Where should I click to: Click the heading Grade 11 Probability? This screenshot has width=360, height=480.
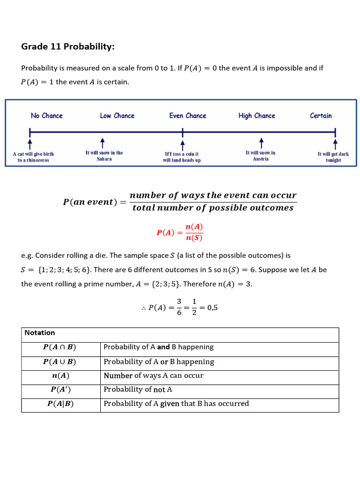(x=68, y=46)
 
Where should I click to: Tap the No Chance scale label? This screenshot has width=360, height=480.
(x=46, y=116)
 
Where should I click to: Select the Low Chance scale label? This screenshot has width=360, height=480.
(x=117, y=116)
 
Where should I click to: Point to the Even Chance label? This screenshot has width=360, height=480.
(x=187, y=116)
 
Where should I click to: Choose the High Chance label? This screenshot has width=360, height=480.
(x=256, y=116)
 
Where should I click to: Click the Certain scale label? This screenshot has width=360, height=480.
(x=321, y=116)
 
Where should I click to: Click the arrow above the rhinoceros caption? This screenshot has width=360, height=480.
(x=30, y=142)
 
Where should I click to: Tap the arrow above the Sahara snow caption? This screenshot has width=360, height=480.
(x=102, y=142)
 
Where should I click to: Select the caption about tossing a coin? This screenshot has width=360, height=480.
(x=182, y=157)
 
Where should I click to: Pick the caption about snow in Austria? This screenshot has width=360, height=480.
(x=261, y=156)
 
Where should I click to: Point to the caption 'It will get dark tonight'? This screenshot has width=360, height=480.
(x=333, y=157)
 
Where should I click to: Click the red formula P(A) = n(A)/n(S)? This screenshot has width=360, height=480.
(x=180, y=232)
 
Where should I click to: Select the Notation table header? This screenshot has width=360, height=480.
(x=40, y=333)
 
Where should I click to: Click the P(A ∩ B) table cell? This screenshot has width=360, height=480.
(x=60, y=347)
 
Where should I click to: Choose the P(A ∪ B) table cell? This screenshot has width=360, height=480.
(x=60, y=362)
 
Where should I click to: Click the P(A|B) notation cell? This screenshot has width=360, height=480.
(x=60, y=404)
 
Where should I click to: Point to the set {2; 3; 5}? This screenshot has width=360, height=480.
(x=198, y=284)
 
